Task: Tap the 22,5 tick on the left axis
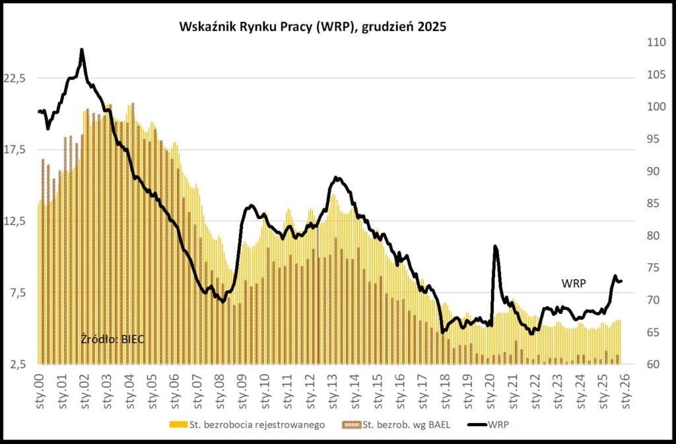15,78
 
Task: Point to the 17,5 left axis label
15,150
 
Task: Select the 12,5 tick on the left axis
15,222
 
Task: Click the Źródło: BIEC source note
112,339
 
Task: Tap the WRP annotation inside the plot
573,283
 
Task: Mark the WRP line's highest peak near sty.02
82,49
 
